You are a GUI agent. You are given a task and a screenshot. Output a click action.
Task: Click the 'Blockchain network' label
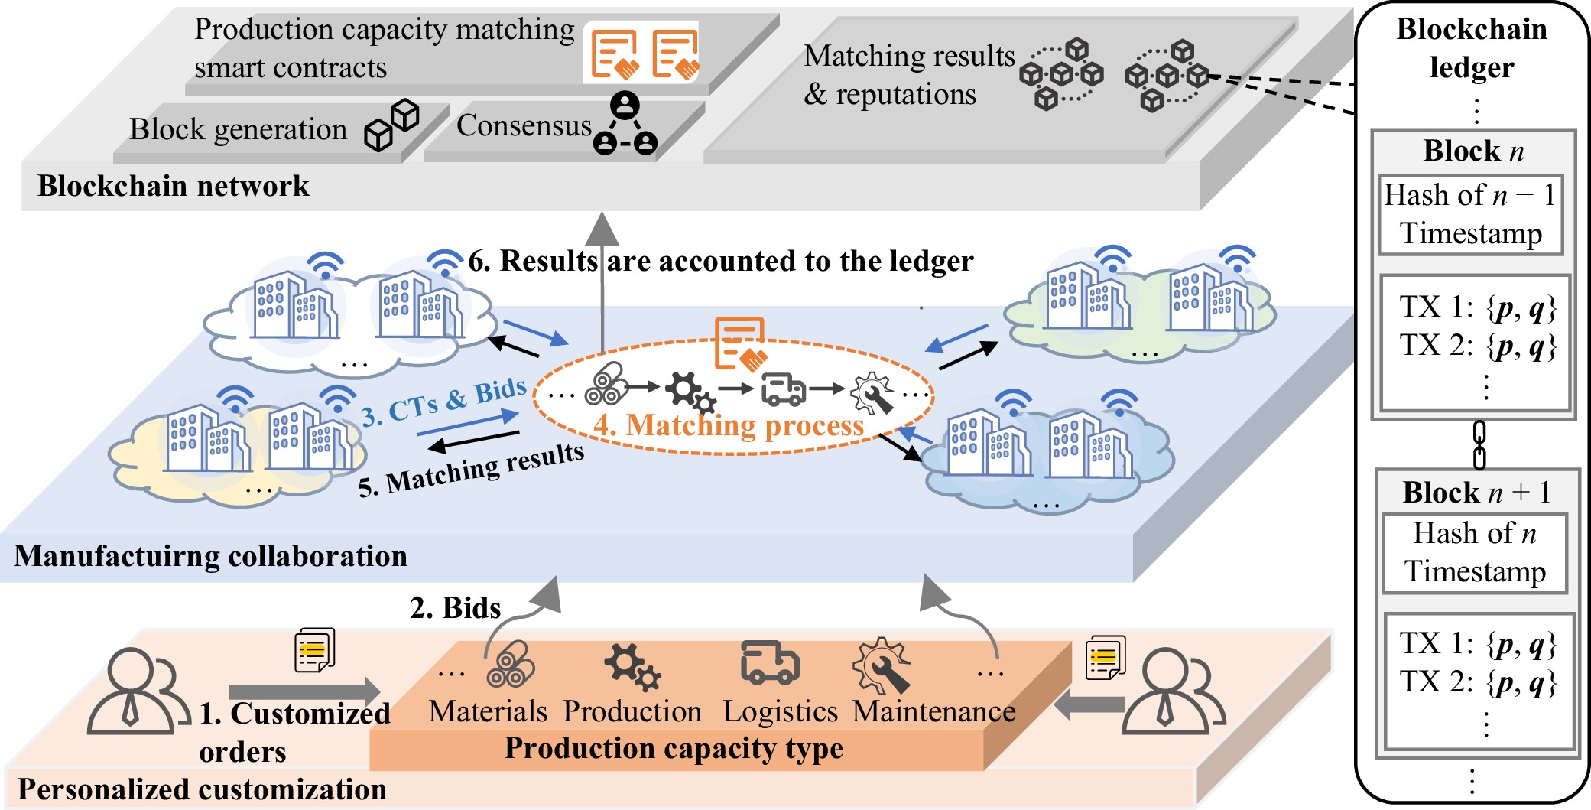pos(173,186)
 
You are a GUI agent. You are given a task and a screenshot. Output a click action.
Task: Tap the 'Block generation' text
pos(238,129)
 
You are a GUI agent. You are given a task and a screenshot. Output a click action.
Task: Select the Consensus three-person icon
pos(625,124)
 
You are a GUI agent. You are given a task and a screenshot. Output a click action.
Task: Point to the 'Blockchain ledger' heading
pos(1471,47)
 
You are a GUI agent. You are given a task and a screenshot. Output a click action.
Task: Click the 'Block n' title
pos(1472,151)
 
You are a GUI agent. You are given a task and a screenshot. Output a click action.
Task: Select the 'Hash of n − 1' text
pos(1469,195)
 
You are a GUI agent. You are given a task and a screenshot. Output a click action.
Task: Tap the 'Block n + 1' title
pos(1476,492)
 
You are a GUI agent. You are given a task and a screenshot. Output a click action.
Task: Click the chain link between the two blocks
pos(1479,444)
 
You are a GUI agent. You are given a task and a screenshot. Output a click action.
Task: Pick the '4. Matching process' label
pos(728,425)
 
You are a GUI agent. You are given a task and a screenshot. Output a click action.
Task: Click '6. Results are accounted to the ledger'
pos(720,261)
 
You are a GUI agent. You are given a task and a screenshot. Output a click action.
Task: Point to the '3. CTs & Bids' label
pos(443,402)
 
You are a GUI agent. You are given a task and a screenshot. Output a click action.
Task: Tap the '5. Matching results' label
pos(471,470)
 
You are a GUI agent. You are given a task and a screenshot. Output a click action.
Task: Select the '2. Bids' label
pos(455,607)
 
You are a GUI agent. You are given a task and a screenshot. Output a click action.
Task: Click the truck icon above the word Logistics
pos(770,662)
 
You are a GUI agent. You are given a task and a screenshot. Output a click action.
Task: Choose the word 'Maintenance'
pos(933,711)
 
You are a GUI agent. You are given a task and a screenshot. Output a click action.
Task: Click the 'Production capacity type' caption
pos(673,748)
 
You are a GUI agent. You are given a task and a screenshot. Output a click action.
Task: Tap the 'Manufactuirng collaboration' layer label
pos(210,556)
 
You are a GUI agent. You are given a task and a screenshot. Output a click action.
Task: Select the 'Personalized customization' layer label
pos(202,789)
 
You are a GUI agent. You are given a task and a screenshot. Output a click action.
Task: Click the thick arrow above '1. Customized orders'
pos(304,691)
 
